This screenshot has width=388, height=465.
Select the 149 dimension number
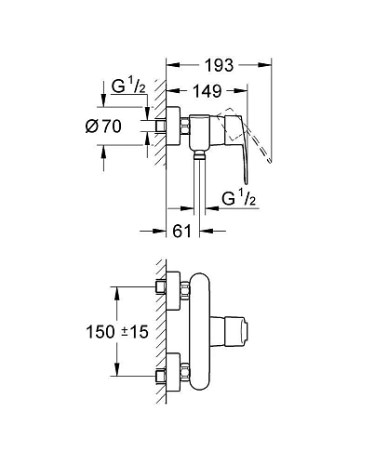pos(207,92)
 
